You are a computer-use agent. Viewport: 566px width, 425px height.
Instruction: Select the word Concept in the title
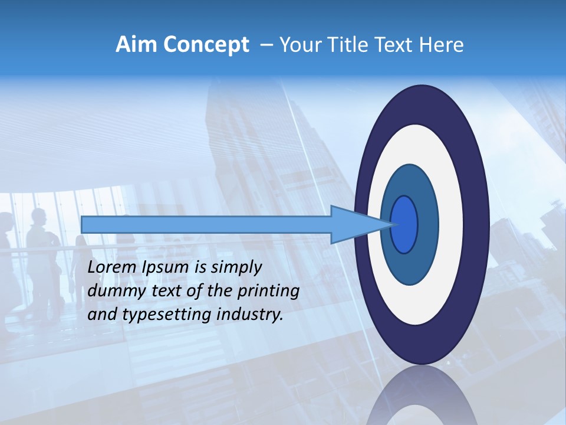coord(205,45)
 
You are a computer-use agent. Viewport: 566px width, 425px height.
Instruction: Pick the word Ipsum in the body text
coord(166,267)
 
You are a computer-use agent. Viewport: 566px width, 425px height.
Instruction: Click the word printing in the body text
coord(267,291)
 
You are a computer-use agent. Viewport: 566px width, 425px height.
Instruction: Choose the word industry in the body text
coord(250,315)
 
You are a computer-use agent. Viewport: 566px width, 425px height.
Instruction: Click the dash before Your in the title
coord(266,45)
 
